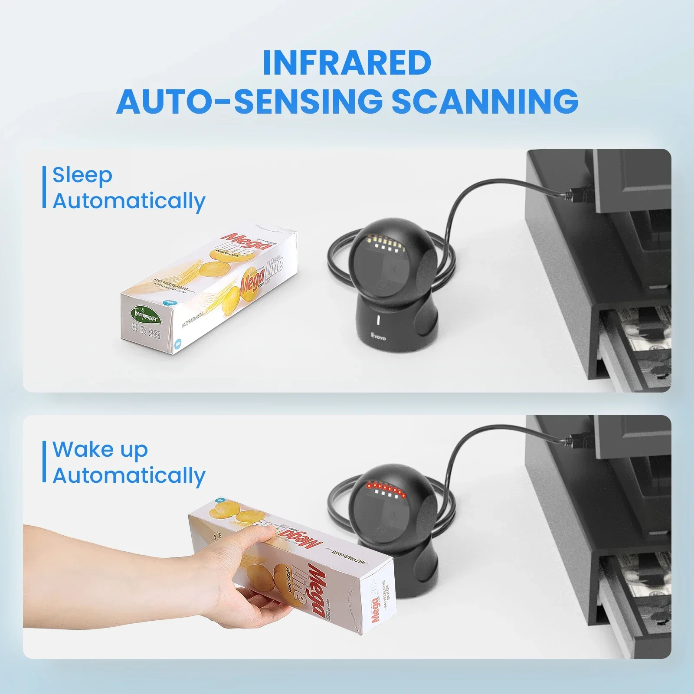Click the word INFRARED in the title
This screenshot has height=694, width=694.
(x=347, y=63)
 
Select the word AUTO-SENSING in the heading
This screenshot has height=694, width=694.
(x=249, y=101)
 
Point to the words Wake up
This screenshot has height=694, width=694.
(x=100, y=449)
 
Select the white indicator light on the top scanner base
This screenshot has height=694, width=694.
(x=378, y=321)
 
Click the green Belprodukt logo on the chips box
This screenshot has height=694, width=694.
(x=146, y=314)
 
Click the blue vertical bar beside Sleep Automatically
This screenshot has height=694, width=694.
(x=44, y=187)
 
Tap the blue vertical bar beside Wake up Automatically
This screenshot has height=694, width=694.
(x=44, y=462)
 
